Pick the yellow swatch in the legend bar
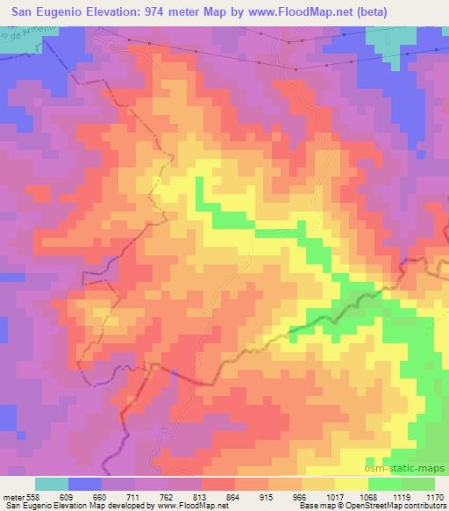pos(351,483)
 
